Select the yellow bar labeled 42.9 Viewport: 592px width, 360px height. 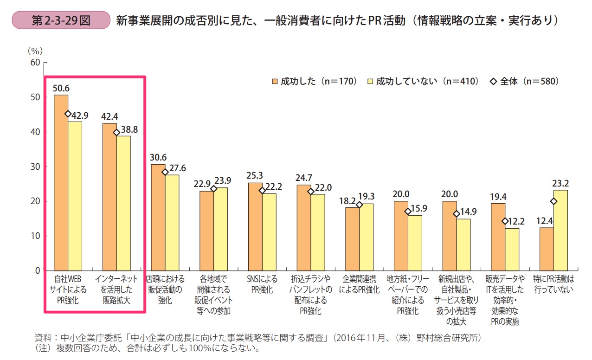(x=75, y=196)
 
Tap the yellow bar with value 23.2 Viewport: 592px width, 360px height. (x=560, y=230)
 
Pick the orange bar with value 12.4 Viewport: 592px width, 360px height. (x=547, y=249)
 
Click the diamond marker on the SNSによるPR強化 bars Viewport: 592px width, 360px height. (x=262, y=190)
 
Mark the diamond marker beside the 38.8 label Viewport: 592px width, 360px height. (x=116, y=132)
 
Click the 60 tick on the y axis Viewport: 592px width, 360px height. (x=35, y=62)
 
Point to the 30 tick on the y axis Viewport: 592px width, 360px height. (x=35, y=167)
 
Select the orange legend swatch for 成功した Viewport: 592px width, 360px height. (x=275, y=81)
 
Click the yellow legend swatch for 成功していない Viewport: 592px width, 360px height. (x=369, y=81)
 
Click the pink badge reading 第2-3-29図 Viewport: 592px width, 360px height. (x=61, y=20)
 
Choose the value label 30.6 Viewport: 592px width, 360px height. (x=158, y=157)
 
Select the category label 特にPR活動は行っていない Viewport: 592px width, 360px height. (x=553, y=284)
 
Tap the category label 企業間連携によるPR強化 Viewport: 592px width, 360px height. (x=359, y=284)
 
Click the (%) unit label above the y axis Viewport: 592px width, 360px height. (x=34, y=50)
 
